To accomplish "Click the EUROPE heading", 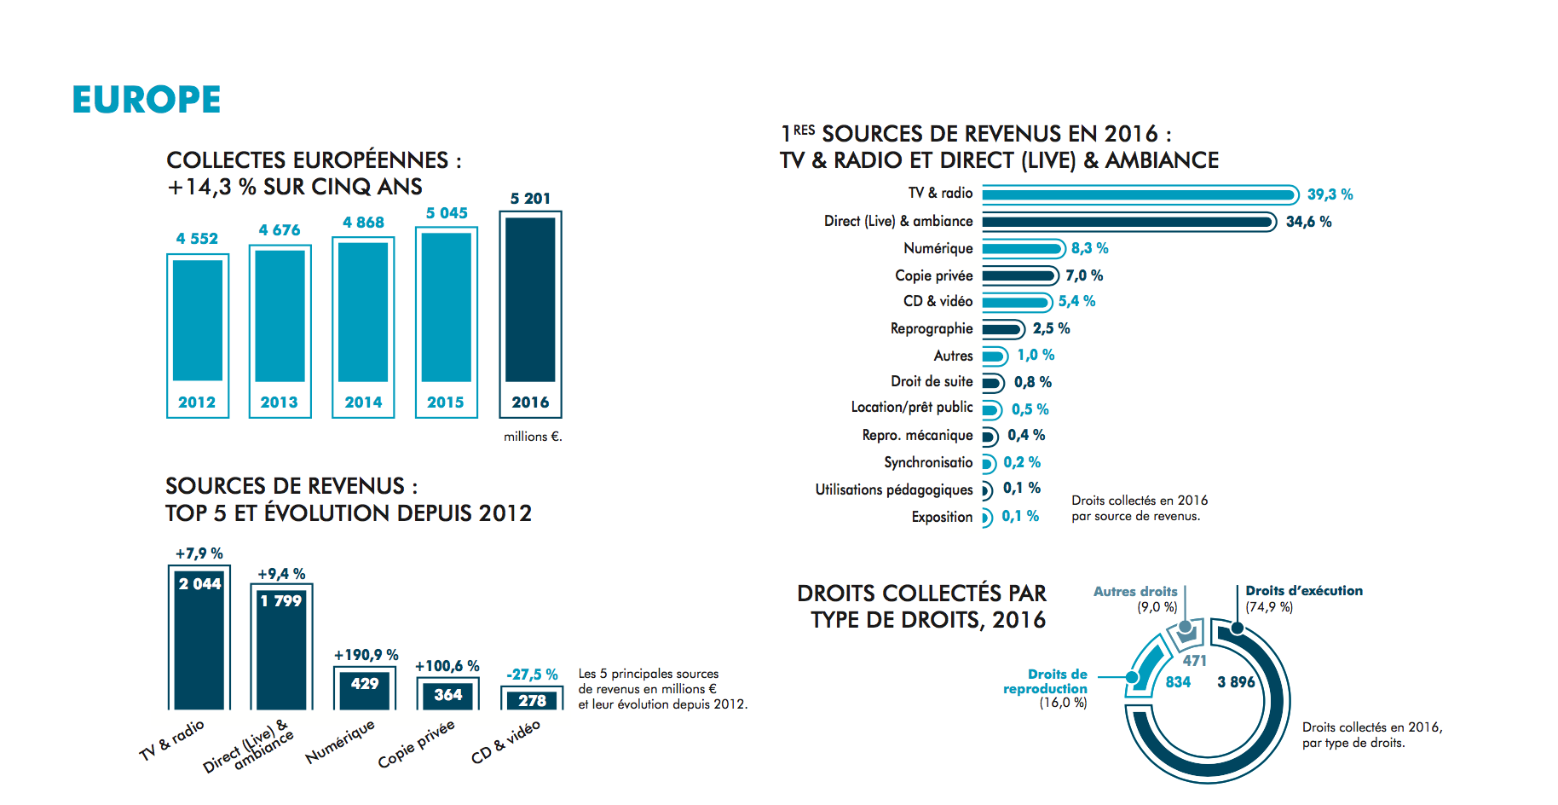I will tap(147, 100).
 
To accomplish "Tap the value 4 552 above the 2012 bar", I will tap(197, 239).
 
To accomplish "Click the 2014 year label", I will tap(363, 402).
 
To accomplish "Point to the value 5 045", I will tap(447, 213).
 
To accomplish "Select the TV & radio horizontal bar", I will tap(1139, 195).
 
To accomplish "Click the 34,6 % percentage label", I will tap(1308, 222).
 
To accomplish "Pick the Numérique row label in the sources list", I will tap(938, 248).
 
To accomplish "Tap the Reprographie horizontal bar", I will tap(1001, 329).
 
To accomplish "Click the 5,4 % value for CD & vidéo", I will tap(1076, 301).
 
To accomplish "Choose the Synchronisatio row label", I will tap(927, 462).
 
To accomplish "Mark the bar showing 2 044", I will tap(199, 640).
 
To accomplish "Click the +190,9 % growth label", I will tap(366, 655).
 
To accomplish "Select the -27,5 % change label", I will tap(532, 675).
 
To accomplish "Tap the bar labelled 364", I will tap(448, 695).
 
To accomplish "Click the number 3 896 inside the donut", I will tap(1236, 682).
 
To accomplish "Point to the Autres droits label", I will tap(1135, 592).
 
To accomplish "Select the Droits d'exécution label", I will tap(1304, 591).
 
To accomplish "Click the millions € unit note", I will tap(533, 437).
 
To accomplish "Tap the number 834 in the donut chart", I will tap(1178, 682).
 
